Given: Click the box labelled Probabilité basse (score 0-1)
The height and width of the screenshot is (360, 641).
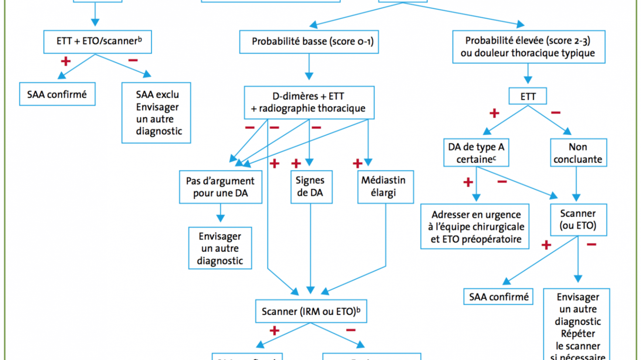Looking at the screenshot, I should [x=309, y=42].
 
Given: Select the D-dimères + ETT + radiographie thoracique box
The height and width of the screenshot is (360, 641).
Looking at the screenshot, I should [x=309, y=102].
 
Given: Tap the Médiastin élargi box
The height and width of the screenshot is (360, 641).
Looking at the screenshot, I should [x=385, y=187].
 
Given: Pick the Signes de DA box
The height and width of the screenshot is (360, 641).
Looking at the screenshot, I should [x=311, y=187].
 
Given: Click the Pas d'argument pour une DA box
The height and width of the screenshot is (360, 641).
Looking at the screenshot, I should [x=220, y=187].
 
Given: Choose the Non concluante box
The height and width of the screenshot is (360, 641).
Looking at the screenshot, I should [x=578, y=153].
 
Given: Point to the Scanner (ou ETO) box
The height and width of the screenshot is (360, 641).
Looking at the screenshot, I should [x=578, y=220].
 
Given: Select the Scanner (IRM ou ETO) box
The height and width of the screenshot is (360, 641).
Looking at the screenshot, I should [x=310, y=311].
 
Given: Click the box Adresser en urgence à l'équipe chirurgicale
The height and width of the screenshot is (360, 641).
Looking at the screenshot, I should [x=475, y=227].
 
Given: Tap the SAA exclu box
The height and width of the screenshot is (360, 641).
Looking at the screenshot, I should [x=156, y=112].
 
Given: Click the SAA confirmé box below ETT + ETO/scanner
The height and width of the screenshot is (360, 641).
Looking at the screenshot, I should [x=57, y=94].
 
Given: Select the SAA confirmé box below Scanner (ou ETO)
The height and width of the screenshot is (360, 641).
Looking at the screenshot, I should [x=498, y=297].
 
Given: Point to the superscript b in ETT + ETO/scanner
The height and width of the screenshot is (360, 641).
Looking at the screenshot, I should [x=140, y=39].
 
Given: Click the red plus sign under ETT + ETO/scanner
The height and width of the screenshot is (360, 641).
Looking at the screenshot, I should [x=66, y=61].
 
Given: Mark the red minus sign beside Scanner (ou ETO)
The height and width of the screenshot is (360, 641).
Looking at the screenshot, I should [x=591, y=245].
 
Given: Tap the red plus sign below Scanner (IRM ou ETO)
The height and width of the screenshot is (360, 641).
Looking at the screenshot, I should [x=274, y=330].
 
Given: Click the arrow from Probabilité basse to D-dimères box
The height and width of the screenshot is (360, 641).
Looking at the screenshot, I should [x=309, y=66].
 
